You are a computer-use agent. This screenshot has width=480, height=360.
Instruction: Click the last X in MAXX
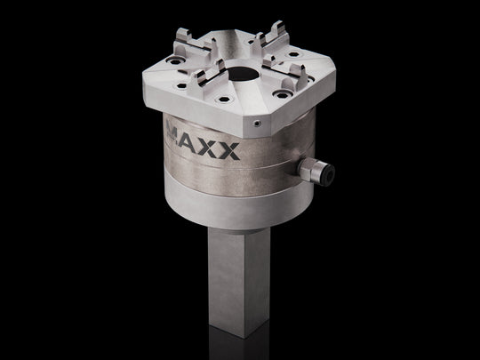[229, 150]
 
